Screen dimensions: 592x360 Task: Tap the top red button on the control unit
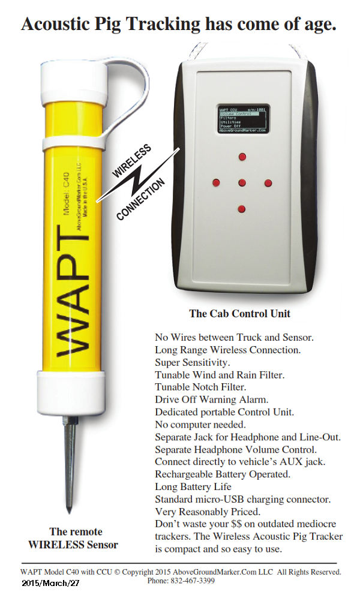pyautogui.click(x=242, y=157)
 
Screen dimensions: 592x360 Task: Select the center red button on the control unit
pyautogui.click(x=242, y=182)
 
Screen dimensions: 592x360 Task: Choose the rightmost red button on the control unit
pyautogui.click(x=268, y=182)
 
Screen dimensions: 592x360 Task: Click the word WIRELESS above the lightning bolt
pyautogui.click(x=133, y=161)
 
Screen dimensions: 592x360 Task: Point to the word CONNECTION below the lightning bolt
pyautogui.click(x=142, y=200)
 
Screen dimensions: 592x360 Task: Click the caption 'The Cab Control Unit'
pyautogui.click(x=239, y=313)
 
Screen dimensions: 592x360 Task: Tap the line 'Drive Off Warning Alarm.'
pyautogui.click(x=212, y=399)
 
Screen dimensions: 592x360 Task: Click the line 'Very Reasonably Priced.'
pyautogui.click(x=208, y=512)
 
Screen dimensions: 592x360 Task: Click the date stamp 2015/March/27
pyautogui.click(x=51, y=582)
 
